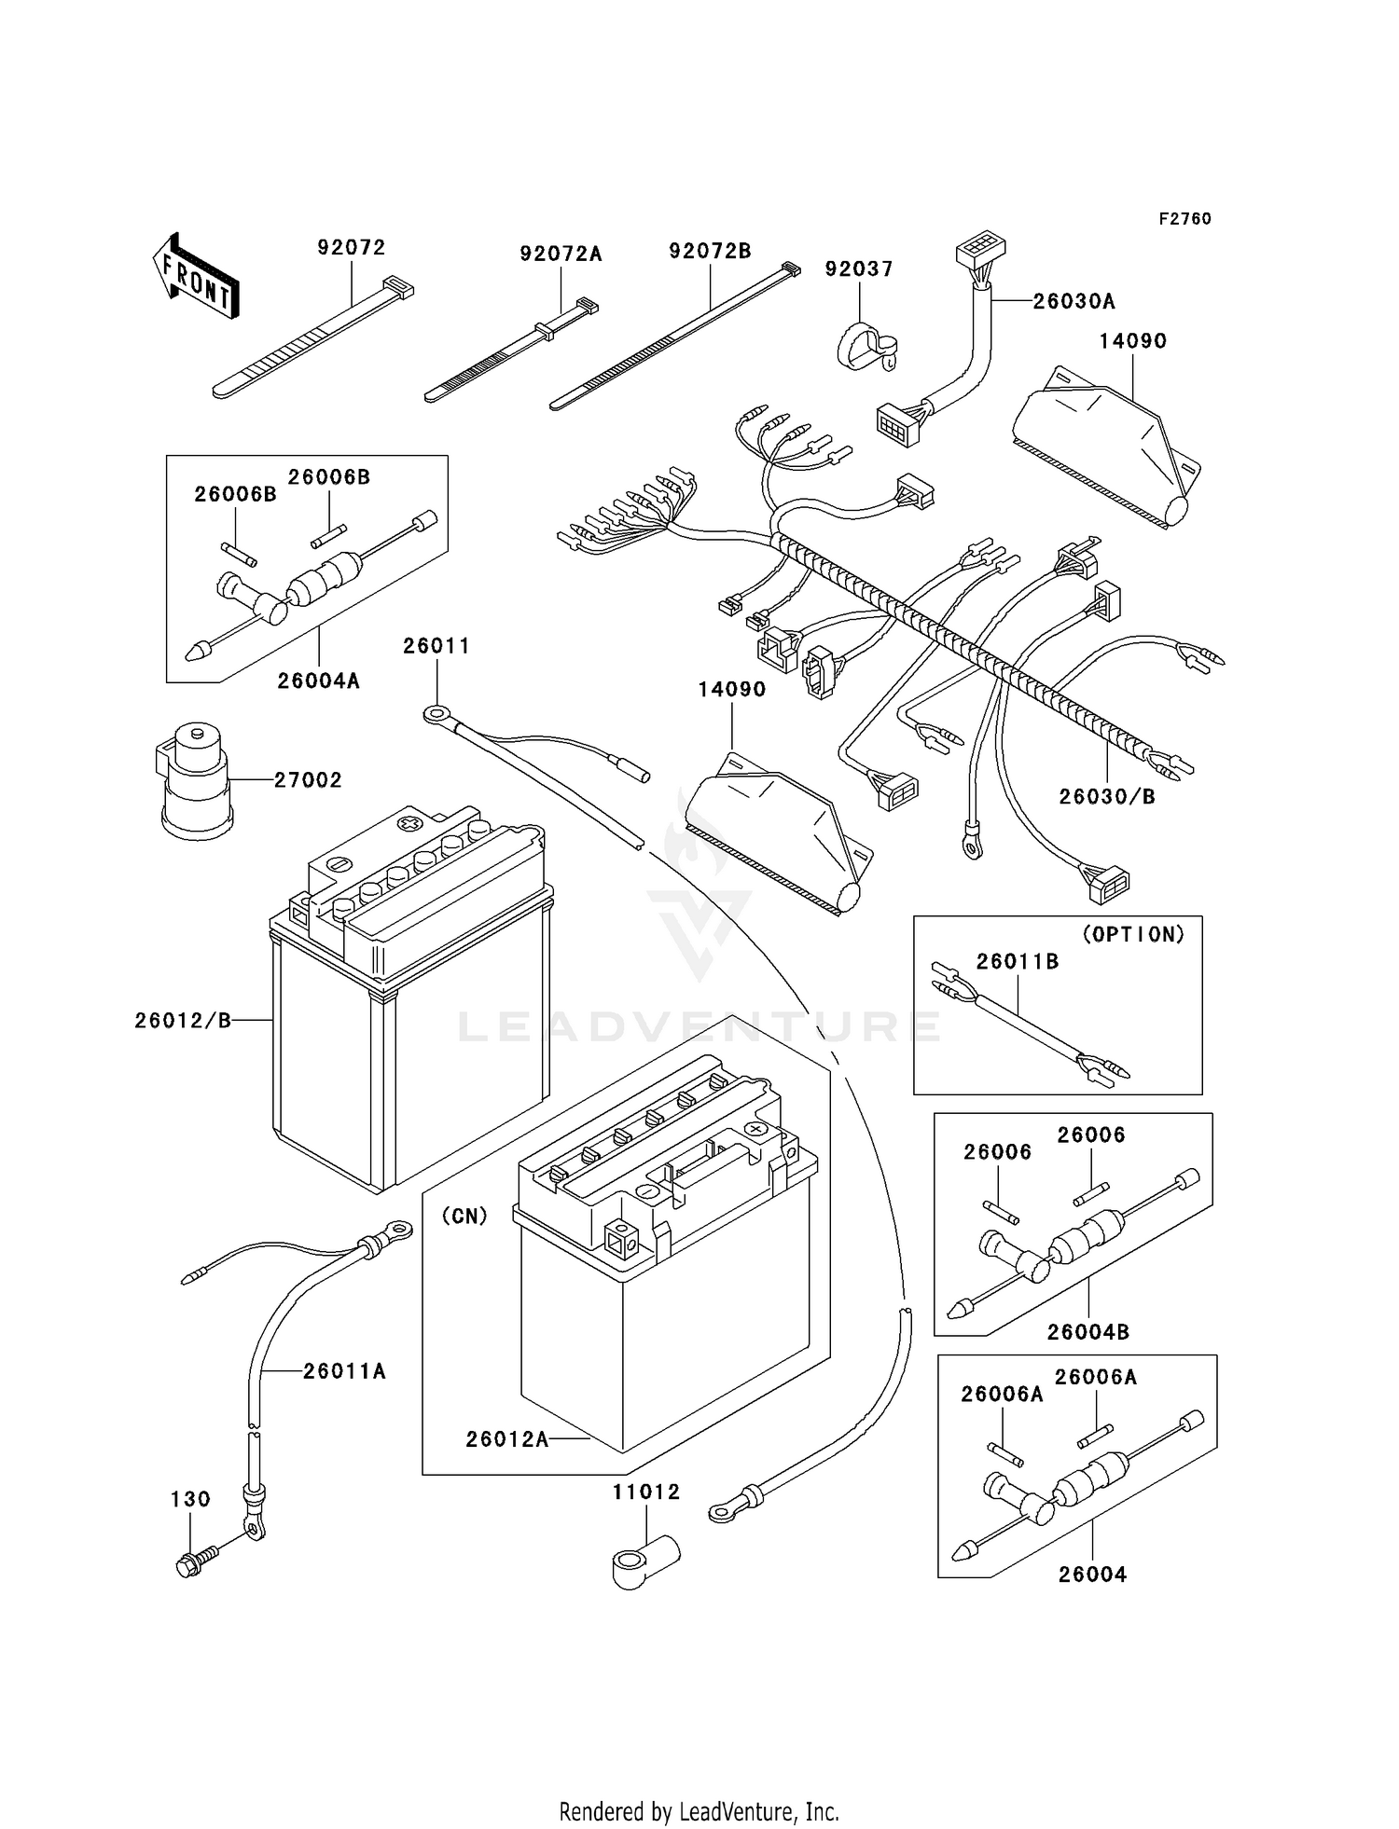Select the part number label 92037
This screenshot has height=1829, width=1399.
pos(859,269)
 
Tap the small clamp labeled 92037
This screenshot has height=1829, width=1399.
pos(864,346)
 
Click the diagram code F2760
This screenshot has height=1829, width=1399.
pos(1184,219)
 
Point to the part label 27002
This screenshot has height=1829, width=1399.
pos(308,780)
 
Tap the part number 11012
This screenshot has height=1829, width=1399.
pos(646,1492)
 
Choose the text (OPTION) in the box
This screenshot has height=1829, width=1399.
pos(1133,934)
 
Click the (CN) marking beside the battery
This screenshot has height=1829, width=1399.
pos(464,1217)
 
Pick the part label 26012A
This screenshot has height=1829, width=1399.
pos(507,1439)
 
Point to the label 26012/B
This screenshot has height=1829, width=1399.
pos(183,1021)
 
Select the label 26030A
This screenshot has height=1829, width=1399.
pos(1073,302)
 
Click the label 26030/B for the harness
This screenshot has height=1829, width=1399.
pos(1107,797)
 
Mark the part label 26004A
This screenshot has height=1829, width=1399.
pos(318,681)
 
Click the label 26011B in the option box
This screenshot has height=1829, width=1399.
pos(1018,962)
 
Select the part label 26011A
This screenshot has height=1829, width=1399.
pos(344,1371)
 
